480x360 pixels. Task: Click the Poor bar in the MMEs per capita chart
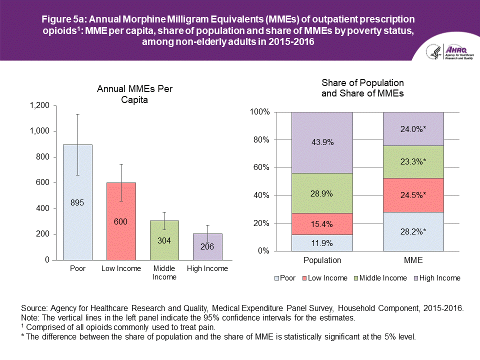[77, 225]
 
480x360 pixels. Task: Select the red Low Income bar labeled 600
[121, 240]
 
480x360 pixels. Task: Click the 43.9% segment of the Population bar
[322, 142]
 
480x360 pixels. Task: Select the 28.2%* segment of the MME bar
[413, 231]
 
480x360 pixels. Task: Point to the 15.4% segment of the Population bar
[322, 224]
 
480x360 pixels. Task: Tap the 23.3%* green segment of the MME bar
[413, 162]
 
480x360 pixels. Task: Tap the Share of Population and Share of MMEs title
[362, 88]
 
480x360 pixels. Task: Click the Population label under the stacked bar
[322, 260]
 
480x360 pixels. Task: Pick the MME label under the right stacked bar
[413, 260]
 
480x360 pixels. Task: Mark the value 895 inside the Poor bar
[77, 202]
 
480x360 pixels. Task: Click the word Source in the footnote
[33, 308]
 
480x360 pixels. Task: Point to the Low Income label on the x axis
[121, 269]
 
